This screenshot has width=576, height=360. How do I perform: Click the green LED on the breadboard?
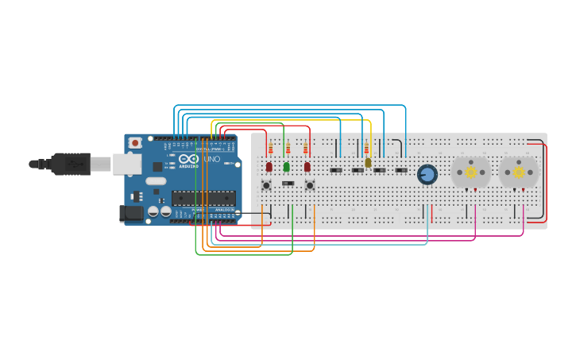(287, 167)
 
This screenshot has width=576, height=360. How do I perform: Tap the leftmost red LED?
(269, 167)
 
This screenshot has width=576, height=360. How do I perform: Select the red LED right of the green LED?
(307, 167)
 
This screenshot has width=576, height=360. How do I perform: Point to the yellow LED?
(368, 162)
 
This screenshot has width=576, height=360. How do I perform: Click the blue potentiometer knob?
(427, 174)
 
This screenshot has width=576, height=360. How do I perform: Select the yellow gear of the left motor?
(470, 172)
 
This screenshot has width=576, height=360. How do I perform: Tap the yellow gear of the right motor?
(519, 172)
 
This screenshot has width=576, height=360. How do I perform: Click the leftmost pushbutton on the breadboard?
(266, 185)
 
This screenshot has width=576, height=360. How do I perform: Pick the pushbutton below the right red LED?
(310, 185)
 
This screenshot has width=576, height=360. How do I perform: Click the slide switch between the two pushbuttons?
(288, 184)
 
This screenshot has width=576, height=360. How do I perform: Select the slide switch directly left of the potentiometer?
(401, 169)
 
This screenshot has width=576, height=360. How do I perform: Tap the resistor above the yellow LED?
(366, 149)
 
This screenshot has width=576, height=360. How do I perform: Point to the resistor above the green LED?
(288, 149)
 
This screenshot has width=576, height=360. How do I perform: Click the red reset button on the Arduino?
(135, 143)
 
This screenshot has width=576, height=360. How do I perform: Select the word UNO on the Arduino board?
(212, 160)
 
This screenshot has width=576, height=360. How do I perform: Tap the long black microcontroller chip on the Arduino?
(203, 198)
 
